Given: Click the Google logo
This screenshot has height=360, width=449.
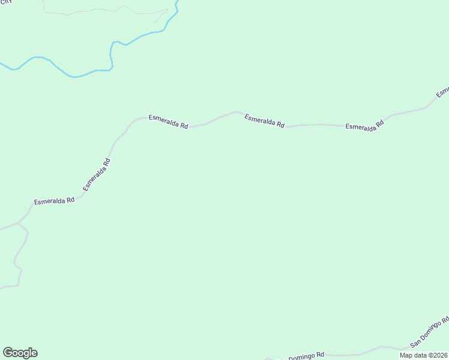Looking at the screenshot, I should click(x=20, y=353).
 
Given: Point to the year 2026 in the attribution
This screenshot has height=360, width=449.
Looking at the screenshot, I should click(x=439, y=355).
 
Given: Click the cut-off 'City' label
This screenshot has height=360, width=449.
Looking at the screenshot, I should click(x=5, y=2).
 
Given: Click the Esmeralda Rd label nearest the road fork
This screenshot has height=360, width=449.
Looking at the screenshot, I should click(x=54, y=201).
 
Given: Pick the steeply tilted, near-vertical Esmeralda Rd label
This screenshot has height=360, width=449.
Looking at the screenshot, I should click(x=97, y=175).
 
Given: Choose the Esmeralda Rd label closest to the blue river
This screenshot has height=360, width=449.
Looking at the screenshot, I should click(x=169, y=122).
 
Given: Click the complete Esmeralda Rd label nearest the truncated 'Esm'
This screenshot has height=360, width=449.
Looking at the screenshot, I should click(x=364, y=126).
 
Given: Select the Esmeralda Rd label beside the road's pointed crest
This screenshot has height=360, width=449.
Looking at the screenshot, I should click(x=264, y=121).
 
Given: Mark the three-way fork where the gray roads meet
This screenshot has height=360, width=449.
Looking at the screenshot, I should click(x=18, y=224).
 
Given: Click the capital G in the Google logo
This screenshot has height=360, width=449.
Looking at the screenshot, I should click(x=8, y=353).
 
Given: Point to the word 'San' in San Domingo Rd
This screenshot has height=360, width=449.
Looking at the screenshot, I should click(x=416, y=343).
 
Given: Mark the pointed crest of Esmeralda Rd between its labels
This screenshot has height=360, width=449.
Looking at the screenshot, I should click(x=237, y=112).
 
